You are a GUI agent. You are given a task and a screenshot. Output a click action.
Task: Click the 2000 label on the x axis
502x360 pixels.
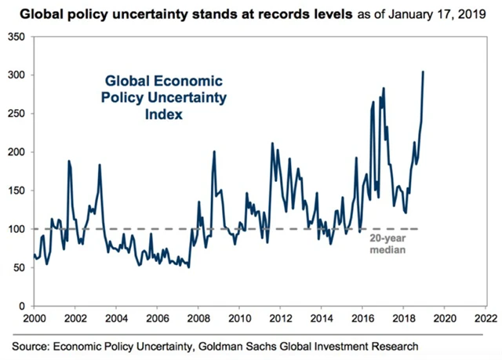coord(34,318)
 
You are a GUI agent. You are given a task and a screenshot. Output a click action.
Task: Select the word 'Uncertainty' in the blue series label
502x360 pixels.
coord(192,98)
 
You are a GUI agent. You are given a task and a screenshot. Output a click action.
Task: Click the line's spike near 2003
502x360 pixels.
coord(100,165)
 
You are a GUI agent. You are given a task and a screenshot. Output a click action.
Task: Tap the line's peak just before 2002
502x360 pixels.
coord(69,162)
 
